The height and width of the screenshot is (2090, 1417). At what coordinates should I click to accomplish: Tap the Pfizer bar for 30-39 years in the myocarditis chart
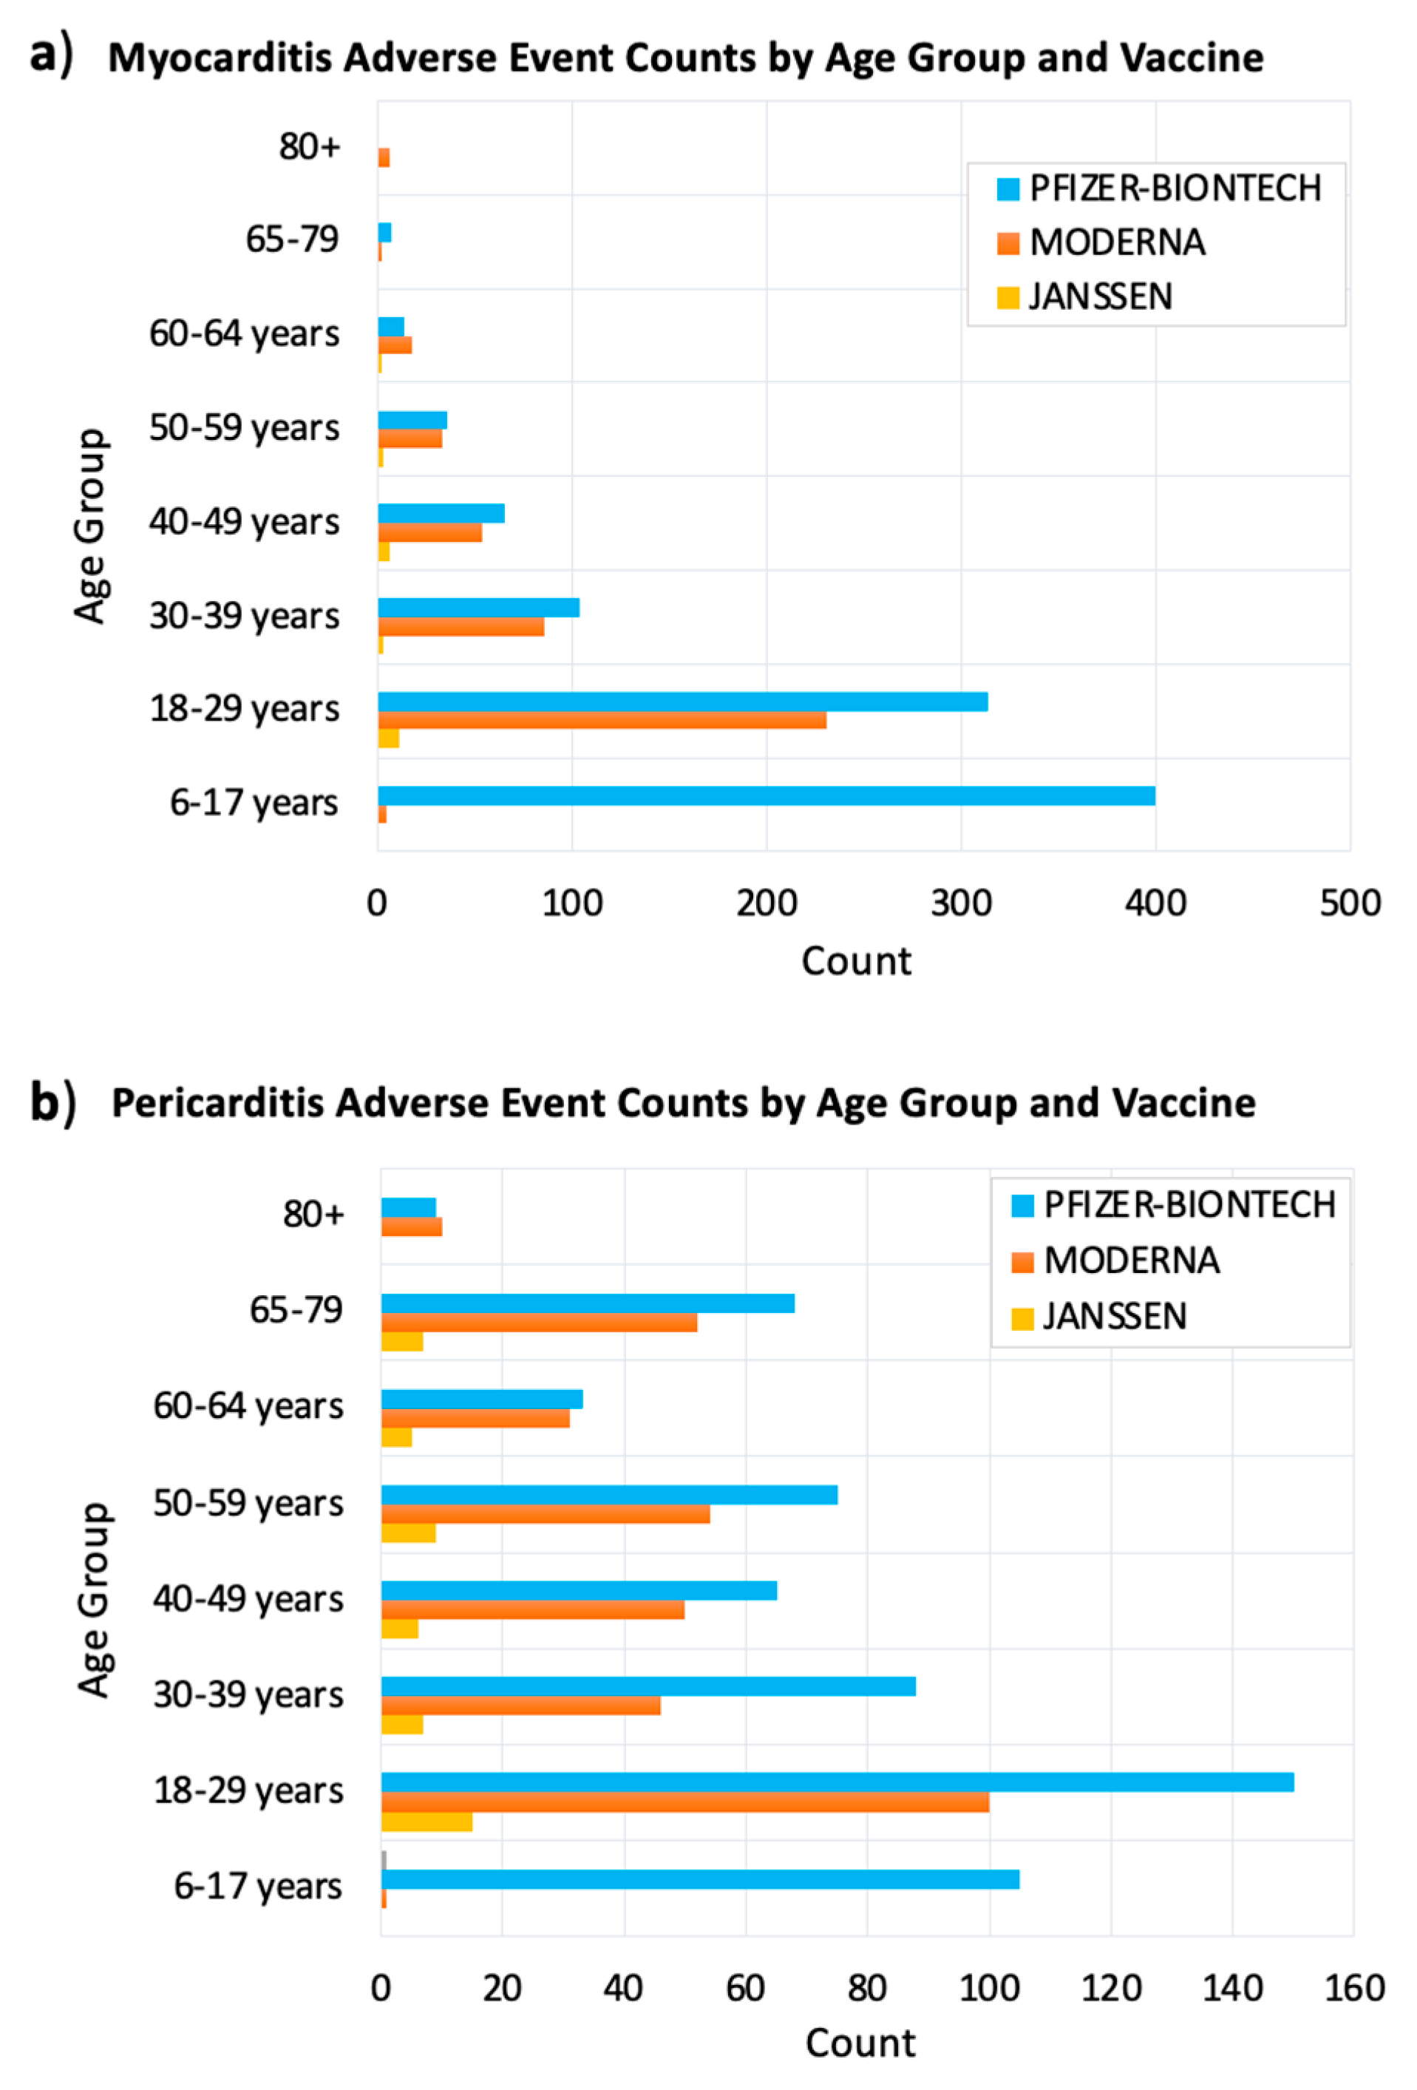(478, 608)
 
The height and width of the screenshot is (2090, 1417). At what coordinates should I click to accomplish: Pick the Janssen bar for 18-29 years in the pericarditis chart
(427, 1822)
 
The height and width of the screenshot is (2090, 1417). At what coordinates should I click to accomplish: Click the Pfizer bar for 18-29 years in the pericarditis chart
(836, 1782)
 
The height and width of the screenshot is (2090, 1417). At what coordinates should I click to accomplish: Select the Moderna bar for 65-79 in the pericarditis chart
(539, 1323)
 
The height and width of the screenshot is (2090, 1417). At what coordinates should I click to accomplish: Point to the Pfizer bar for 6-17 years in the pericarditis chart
(699, 1879)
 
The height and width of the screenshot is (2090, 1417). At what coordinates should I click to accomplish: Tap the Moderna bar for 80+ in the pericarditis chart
(411, 1227)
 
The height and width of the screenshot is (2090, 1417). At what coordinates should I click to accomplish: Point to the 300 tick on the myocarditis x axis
(960, 903)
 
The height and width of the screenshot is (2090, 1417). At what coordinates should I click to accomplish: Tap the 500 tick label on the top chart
(1349, 903)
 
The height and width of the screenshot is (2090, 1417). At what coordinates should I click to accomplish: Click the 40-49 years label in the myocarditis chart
(244, 522)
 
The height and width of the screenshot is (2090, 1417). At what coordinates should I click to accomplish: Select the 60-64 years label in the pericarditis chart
(248, 1405)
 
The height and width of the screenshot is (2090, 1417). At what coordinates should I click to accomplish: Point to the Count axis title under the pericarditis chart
(860, 2043)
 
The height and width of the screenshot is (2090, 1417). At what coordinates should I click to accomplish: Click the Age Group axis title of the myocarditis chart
(90, 526)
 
